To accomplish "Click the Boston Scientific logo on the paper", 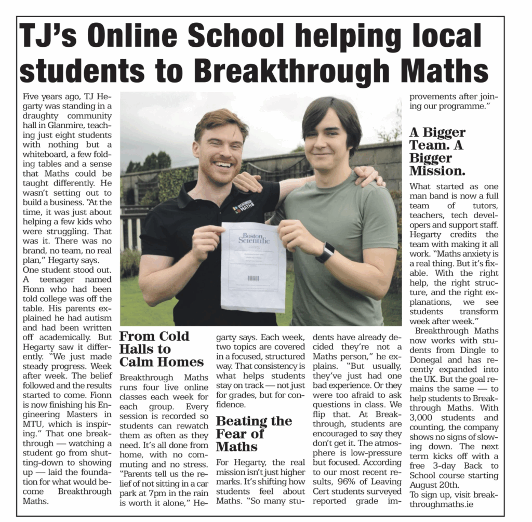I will point(254,238).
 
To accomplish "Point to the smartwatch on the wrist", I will point(325,252).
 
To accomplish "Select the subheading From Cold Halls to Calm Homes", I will point(161,349).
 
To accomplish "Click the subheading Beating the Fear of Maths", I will point(254,433).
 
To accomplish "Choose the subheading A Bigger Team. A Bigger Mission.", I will point(437,151).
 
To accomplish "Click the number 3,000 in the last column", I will point(421,418).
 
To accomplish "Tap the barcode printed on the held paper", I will point(253,278).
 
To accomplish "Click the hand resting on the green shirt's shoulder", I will point(370,176).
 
